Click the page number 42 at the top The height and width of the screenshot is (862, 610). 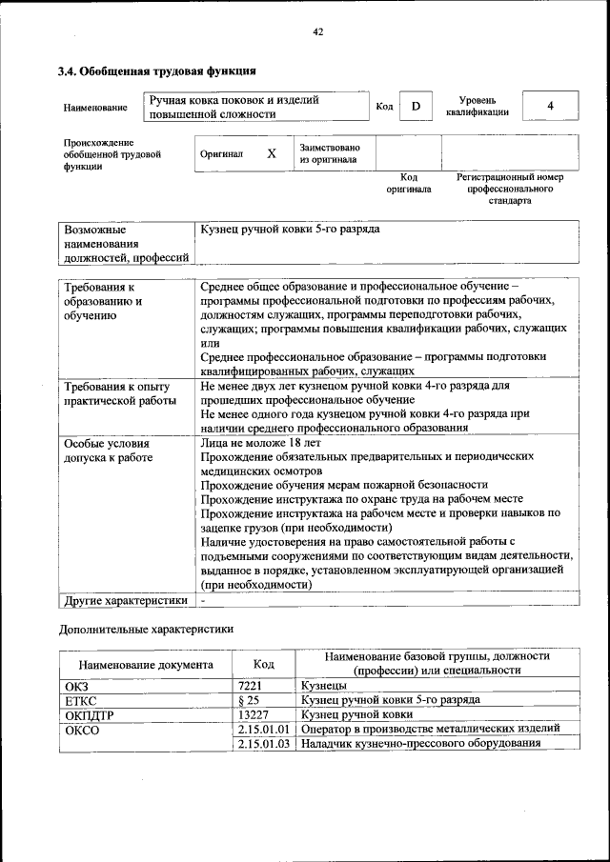pyautogui.click(x=318, y=32)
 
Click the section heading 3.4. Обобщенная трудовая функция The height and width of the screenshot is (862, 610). pyautogui.click(x=155, y=70)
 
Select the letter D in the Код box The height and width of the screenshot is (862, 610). pyautogui.click(x=416, y=107)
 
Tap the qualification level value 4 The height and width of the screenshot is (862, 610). pyautogui.click(x=550, y=106)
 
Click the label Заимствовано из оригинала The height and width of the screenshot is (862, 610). pyautogui.click(x=329, y=153)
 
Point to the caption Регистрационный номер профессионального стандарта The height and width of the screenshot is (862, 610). pyautogui.click(x=510, y=189)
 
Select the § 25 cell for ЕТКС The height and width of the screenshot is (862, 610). pyautogui.click(x=247, y=700)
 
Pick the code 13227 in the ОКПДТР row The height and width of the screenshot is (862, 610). pyautogui.click(x=253, y=713)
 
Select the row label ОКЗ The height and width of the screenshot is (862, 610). pyautogui.click(x=76, y=685)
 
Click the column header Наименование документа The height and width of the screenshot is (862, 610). pyautogui.click(x=146, y=664)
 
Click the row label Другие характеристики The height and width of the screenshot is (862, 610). pyautogui.click(x=125, y=600)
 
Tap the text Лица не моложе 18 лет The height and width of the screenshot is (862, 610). pyautogui.click(x=261, y=442)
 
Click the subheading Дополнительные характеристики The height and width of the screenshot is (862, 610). pyautogui.click(x=146, y=629)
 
